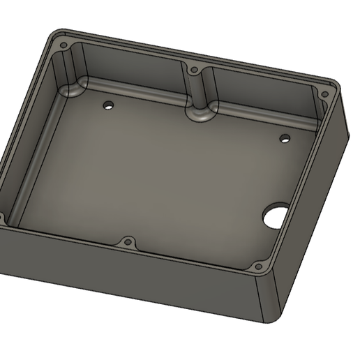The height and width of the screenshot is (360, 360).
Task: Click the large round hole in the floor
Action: click(x=276, y=216)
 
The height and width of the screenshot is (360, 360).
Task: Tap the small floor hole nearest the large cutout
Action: click(x=285, y=138)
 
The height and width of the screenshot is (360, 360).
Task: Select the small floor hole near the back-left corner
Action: click(x=108, y=106)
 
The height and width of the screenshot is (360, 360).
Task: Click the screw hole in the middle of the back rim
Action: click(x=194, y=70)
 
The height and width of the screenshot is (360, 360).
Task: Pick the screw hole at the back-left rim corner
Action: click(x=63, y=45)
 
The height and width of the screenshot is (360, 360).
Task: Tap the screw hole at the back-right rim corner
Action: click(x=324, y=94)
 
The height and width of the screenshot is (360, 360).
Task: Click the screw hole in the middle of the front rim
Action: click(x=128, y=243)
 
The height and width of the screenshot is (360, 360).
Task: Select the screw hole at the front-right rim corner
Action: click(x=257, y=267)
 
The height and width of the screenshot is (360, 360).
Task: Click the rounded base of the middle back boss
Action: click(x=200, y=113)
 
